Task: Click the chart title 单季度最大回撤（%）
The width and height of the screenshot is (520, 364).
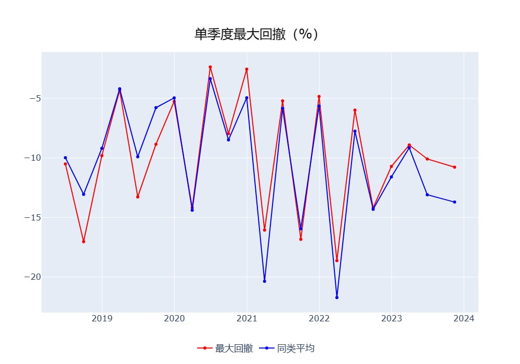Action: [256, 34]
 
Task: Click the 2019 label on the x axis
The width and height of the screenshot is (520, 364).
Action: [102, 319]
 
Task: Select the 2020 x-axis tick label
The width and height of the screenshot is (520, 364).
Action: [174, 319]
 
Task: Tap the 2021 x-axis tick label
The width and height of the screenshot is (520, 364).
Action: [246, 319]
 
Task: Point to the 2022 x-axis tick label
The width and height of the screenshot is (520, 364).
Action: [319, 319]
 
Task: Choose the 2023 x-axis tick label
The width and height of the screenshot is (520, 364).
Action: [391, 319]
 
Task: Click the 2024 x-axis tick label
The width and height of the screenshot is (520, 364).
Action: [463, 319]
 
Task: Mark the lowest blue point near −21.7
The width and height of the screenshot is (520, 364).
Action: [337, 297]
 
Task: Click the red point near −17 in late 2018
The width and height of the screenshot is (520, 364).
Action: [84, 241]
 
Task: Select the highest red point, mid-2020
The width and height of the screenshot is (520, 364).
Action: [210, 67]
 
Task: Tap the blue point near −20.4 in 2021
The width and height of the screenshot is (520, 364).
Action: [265, 281]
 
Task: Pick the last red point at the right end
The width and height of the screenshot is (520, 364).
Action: [454, 167]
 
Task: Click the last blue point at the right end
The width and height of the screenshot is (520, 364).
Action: [454, 202]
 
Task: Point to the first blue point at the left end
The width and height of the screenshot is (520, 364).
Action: [66, 158]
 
